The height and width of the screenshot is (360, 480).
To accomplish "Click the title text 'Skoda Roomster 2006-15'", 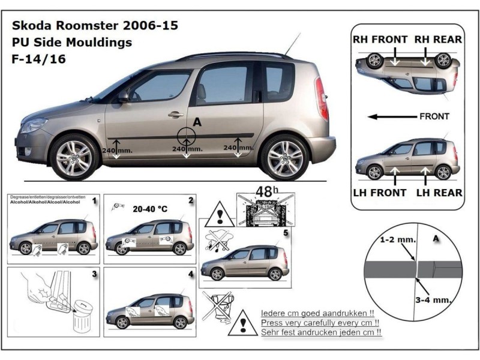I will click(x=94, y=26).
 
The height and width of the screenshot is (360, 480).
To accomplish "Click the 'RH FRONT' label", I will click(x=380, y=40).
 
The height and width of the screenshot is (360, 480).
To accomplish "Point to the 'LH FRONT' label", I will click(x=379, y=193).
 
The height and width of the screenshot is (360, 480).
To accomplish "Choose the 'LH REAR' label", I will click(x=440, y=193).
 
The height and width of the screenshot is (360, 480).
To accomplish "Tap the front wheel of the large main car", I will click(x=74, y=157).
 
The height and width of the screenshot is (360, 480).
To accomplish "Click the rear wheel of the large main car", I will click(x=284, y=157).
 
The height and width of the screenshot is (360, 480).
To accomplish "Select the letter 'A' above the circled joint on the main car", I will click(x=197, y=122).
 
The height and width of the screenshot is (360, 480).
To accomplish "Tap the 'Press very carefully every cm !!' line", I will click(x=322, y=322).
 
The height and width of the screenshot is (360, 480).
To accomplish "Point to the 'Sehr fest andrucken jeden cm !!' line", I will click(x=322, y=332).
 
